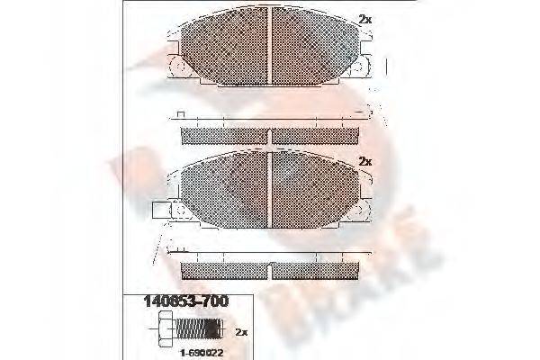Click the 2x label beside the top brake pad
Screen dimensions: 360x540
point(364,19)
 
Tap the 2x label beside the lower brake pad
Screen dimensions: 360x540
point(364,161)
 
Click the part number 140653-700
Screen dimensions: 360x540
point(186,302)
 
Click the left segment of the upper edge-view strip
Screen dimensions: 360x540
point(224,135)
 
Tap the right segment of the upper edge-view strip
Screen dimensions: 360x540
point(315,135)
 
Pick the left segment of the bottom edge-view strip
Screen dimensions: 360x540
point(224,270)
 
